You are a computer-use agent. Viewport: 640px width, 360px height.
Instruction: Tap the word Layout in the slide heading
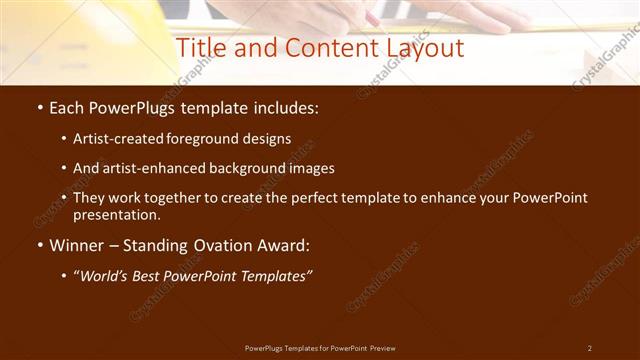pyautogui.click(x=421, y=48)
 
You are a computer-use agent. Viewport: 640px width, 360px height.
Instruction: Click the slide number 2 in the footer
pyautogui.click(x=589, y=348)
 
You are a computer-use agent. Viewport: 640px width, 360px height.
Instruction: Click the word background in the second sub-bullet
pyautogui.click(x=245, y=168)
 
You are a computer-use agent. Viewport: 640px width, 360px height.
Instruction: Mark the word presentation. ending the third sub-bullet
pyautogui.click(x=116, y=214)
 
